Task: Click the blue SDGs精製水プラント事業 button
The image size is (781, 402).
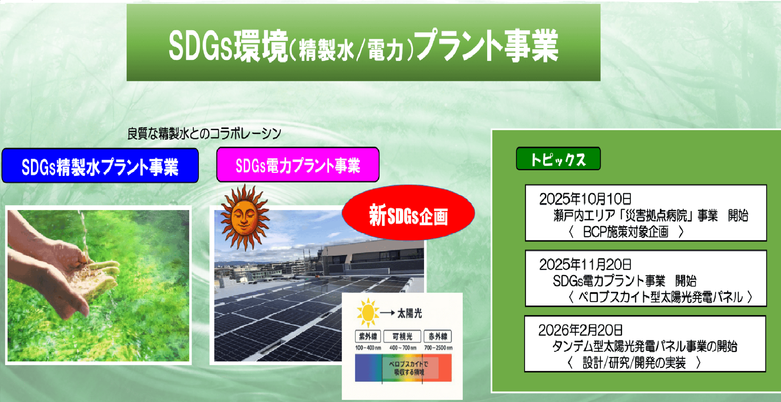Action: tap(100, 166)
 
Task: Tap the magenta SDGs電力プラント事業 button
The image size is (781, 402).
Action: tap(298, 165)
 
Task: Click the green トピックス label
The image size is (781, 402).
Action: tap(558, 159)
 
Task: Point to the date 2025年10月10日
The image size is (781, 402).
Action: tap(585, 199)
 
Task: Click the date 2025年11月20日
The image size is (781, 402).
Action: tap(585, 264)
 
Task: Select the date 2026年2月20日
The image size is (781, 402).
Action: tap(580, 330)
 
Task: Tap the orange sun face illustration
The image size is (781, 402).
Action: tap(244, 217)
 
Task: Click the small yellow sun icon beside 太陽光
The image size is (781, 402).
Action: tap(368, 312)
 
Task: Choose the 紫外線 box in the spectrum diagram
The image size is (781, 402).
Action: tap(368, 336)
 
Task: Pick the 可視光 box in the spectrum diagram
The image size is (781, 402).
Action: tap(402, 336)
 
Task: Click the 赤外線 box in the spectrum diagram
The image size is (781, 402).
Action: tap(438, 336)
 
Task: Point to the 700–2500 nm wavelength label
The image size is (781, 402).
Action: tap(438, 348)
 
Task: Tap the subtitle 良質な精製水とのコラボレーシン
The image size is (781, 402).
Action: tap(204, 134)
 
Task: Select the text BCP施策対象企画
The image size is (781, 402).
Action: tap(625, 232)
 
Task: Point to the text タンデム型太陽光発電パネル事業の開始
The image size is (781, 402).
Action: tap(644, 346)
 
